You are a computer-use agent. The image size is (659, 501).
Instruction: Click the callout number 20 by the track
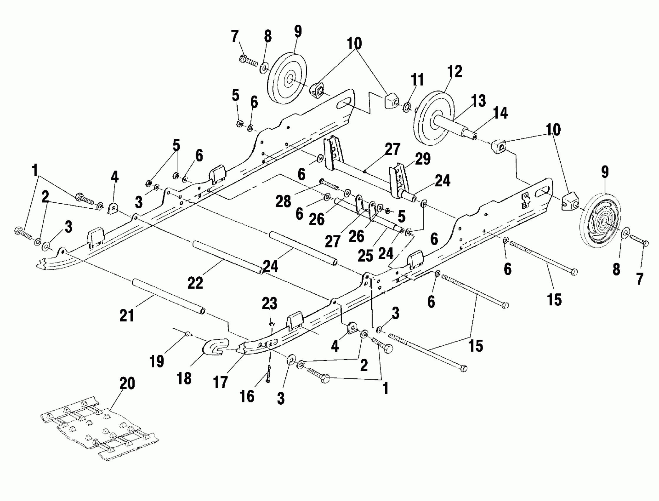point(127,383)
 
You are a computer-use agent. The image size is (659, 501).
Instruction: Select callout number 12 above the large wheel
point(455,72)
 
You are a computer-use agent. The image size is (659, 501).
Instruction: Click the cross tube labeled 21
point(168,295)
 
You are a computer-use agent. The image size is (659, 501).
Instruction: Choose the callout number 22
point(195,282)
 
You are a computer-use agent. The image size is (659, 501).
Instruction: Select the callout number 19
point(157,361)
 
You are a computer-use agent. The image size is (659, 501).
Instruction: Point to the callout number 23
point(270,304)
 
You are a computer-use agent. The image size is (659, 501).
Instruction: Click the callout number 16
point(247,396)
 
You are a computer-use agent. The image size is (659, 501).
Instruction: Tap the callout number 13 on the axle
point(479,101)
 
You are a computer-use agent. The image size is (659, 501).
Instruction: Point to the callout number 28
point(283,202)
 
